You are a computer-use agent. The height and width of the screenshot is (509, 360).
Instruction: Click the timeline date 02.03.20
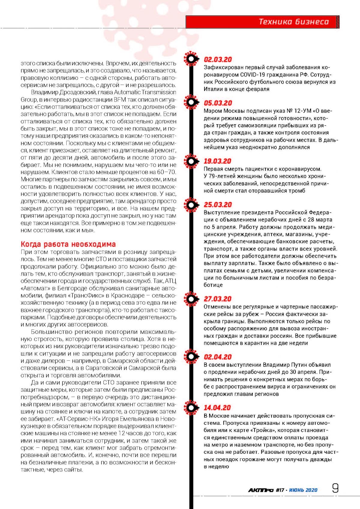coord(218,60)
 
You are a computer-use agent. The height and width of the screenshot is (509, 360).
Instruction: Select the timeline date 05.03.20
coord(218,103)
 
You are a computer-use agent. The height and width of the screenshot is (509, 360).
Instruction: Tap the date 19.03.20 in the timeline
coord(218,161)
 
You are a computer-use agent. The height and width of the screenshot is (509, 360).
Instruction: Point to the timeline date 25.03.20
coord(218,205)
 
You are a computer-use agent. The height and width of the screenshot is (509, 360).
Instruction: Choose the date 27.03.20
coord(218,299)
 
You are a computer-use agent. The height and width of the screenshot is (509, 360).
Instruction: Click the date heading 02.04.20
coord(218,357)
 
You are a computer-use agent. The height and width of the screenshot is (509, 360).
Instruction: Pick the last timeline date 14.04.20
coord(217,408)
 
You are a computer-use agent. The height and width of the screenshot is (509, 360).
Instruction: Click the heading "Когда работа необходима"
coord(68,244)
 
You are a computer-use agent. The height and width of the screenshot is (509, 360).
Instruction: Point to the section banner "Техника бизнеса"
coord(294,22)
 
